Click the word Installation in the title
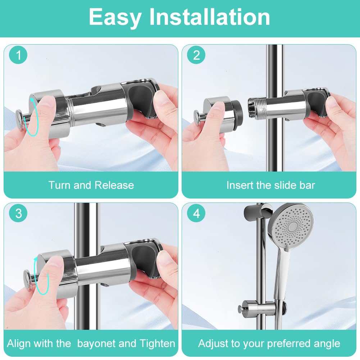tap(210, 17)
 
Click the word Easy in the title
tap(115, 18)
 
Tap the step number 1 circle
tap(18, 55)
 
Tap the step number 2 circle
tap(196, 55)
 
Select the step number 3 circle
tap(18, 214)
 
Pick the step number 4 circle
tap(196, 214)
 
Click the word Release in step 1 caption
tap(114, 185)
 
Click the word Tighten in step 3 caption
tap(157, 344)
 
